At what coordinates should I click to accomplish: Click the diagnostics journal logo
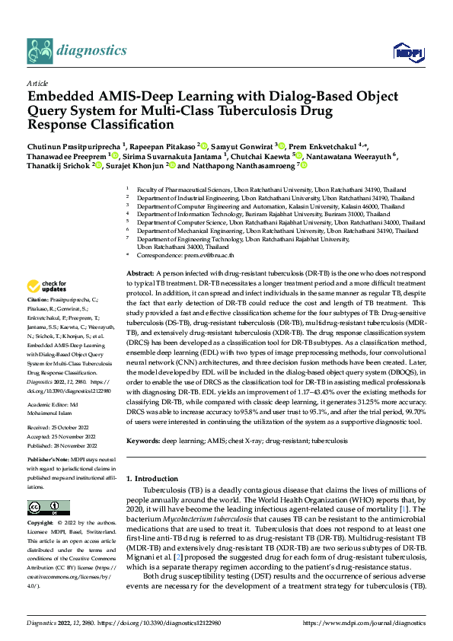76,51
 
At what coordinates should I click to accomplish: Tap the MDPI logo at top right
404,52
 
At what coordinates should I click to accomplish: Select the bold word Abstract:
140,273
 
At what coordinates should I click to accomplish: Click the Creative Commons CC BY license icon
44,508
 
